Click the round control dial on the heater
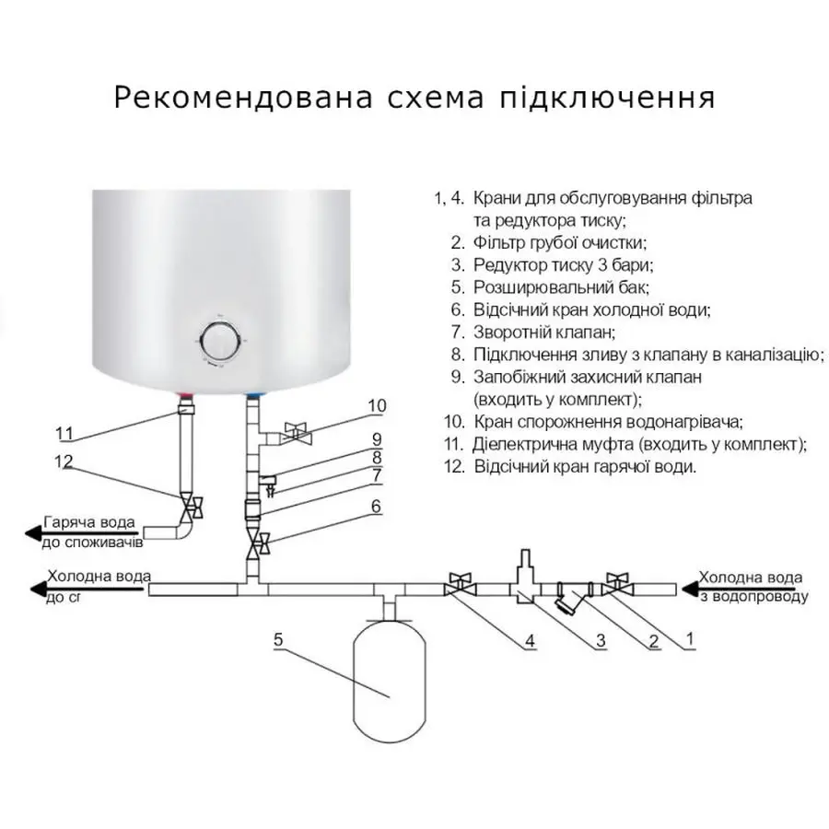[x=221, y=342]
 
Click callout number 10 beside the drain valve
[x=378, y=406]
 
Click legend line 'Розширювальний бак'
[x=554, y=287]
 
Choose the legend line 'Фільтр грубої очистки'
[x=560, y=243]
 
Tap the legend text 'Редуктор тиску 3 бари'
[x=563, y=265]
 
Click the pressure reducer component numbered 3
[x=526, y=580]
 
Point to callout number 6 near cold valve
[x=375, y=506]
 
